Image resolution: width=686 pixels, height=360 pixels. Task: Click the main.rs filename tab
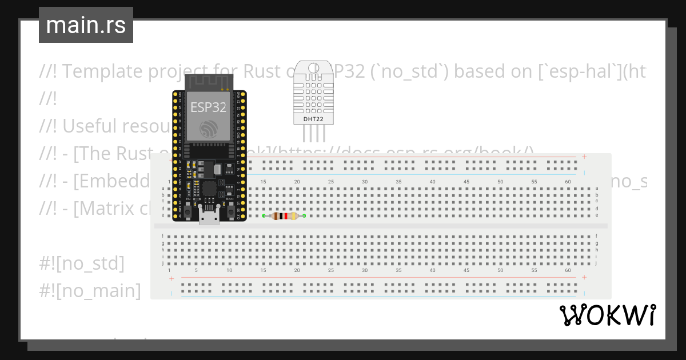pos(86,25)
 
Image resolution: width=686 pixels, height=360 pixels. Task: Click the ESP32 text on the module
pos(208,107)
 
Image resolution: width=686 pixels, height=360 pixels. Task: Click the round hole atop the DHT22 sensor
pos(313,69)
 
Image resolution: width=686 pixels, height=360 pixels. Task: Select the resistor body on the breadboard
pos(284,216)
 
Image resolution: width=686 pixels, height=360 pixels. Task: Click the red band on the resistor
pos(285,216)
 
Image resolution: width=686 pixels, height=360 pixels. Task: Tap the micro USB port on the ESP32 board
pos(209,218)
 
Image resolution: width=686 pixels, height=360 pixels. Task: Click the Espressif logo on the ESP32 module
pos(209,129)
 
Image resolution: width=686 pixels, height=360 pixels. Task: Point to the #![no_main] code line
pos(90,291)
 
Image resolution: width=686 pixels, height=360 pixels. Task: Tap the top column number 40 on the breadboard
pos(432,182)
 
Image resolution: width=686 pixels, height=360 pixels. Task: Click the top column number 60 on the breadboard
pos(568,182)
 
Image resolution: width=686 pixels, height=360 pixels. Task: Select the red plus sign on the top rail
pos(584,157)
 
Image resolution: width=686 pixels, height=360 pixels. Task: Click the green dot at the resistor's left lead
pos(264,216)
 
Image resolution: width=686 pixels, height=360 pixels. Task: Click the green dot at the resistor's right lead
pos(304,216)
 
